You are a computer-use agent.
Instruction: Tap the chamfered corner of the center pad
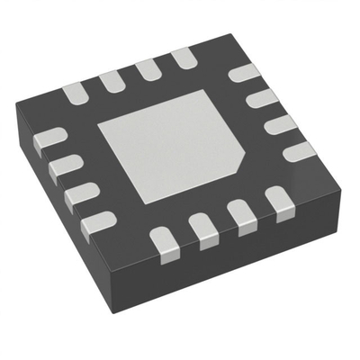[237, 166]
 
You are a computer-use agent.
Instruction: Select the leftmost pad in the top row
[75, 93]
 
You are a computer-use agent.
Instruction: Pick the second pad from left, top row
[112, 81]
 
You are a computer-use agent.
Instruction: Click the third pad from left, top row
[148, 70]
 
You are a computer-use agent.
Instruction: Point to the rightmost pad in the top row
[184, 59]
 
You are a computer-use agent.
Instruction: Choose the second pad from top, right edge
[258, 98]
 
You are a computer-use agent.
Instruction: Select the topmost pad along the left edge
[49, 139]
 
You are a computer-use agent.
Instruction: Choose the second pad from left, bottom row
[203, 228]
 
